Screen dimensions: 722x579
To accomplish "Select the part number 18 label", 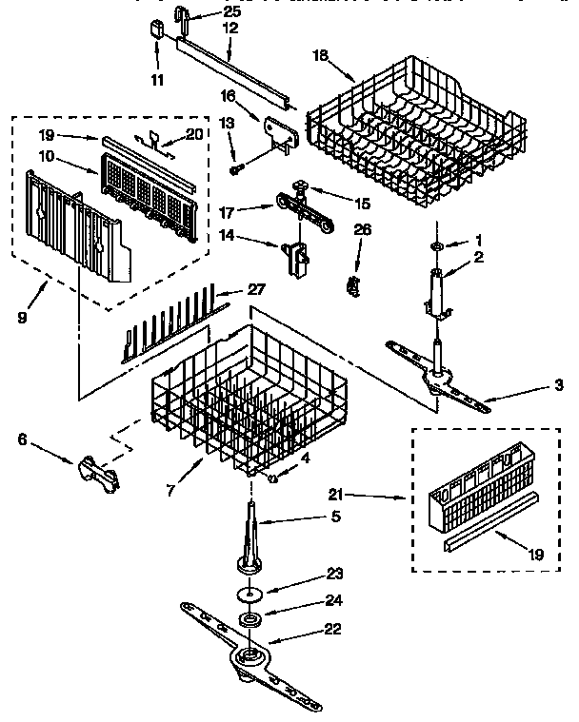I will [x=321, y=56].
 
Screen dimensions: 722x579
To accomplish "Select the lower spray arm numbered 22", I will [x=250, y=654].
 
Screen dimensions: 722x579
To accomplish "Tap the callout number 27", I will [x=255, y=290].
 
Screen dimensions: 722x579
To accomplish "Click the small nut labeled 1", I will [x=435, y=246].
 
